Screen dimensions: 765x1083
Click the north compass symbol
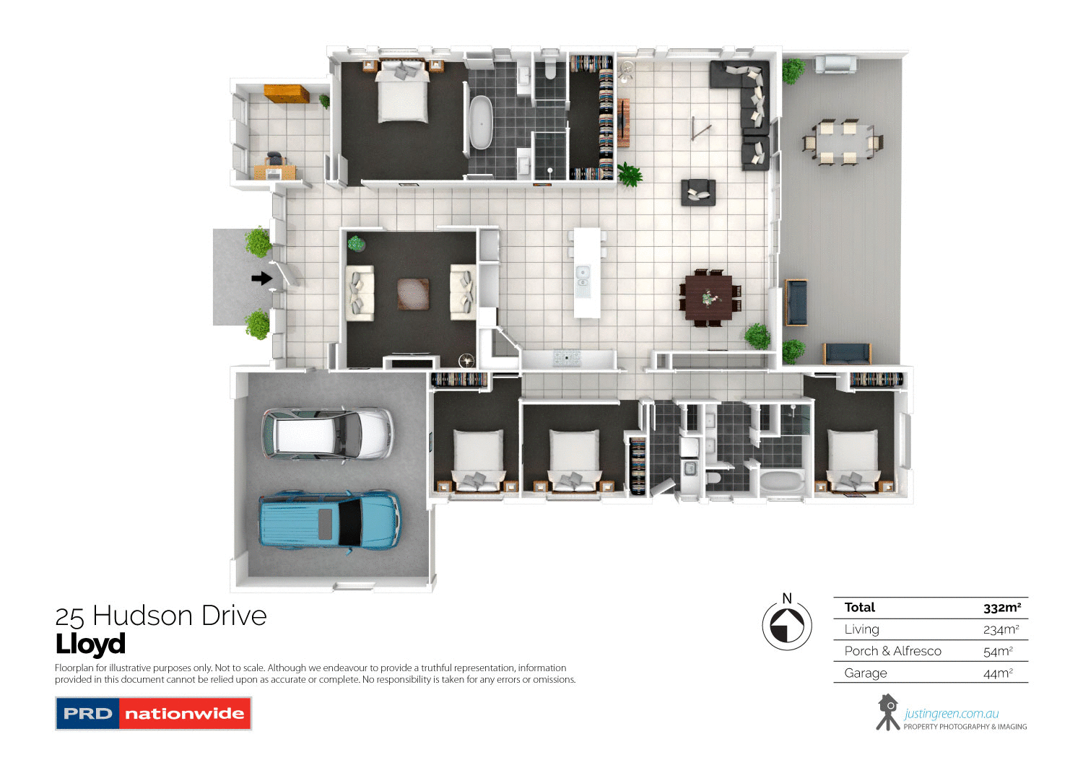click(787, 625)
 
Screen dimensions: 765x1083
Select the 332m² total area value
click(1001, 608)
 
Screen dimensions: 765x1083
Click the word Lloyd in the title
click(90, 644)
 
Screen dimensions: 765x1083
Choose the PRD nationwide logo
click(153, 714)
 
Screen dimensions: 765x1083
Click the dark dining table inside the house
click(708, 297)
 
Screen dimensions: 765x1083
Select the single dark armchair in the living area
click(698, 192)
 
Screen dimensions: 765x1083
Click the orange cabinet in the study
click(286, 94)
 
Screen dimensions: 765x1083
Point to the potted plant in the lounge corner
click(357, 243)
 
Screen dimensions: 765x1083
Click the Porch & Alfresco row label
click(892, 651)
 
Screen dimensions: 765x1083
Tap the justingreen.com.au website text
click(951, 714)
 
